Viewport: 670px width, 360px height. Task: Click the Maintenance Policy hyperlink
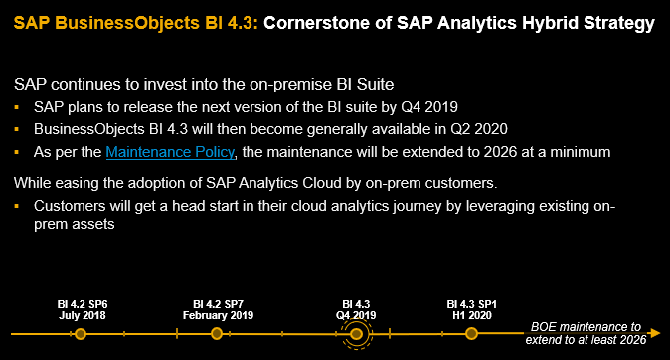pos(170,151)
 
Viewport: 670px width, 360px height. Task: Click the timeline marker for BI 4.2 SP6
pos(82,333)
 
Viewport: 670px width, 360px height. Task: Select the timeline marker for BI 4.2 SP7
pos(217,333)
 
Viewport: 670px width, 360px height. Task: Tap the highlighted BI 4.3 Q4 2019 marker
pos(357,334)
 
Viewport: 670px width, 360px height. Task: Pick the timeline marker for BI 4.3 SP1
pos(470,333)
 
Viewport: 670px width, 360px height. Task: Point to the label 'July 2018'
pos(82,314)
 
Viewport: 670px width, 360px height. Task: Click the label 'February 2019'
pos(218,314)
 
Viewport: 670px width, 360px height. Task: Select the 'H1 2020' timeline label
pos(471,314)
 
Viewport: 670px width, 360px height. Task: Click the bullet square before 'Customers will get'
pos(18,206)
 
